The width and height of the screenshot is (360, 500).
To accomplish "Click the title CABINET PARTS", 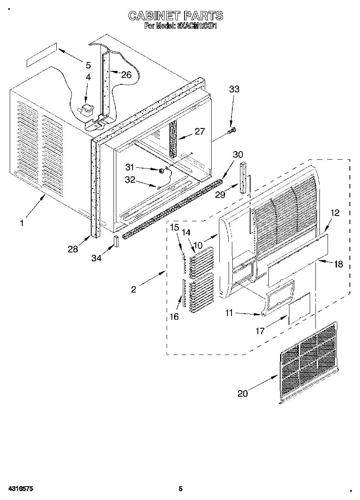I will pyautogui.click(x=175, y=16).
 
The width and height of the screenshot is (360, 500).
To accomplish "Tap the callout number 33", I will pyautogui.click(x=234, y=90).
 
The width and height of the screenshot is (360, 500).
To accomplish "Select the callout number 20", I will pyautogui.click(x=242, y=393).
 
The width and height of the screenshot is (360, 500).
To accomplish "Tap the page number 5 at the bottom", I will pyautogui.click(x=180, y=489).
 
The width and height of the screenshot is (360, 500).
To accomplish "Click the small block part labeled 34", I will pyautogui.click(x=116, y=241).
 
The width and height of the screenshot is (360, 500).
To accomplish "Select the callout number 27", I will pyautogui.click(x=199, y=131).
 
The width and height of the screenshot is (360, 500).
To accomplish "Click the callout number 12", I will pyautogui.click(x=335, y=212).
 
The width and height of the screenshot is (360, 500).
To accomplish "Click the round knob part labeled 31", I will pyautogui.click(x=161, y=171).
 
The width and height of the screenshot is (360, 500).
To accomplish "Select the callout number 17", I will pyautogui.click(x=260, y=331).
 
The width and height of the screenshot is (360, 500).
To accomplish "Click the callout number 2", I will pyautogui.click(x=133, y=289).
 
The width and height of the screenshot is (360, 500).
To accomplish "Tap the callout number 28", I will pyautogui.click(x=73, y=249).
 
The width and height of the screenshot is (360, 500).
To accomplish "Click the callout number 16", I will pyautogui.click(x=174, y=316).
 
